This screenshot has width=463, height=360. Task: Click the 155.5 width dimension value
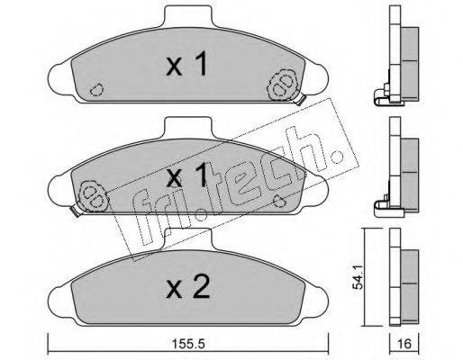pyautogui.click(x=188, y=344)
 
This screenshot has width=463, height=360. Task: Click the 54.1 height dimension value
pyautogui.click(x=358, y=277)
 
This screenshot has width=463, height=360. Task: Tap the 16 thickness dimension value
pyautogui.click(x=404, y=344)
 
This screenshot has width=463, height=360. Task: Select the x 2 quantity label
pyautogui.click(x=187, y=287)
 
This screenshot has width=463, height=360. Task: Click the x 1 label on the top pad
pyautogui.click(x=186, y=64)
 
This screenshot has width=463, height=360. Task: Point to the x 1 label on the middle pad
pyautogui.click(x=186, y=175)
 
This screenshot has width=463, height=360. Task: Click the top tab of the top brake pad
pyautogui.click(x=188, y=15)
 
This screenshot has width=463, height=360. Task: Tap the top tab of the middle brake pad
pyautogui.click(x=188, y=127)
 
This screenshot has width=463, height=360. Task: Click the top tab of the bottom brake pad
pyautogui.click(x=188, y=238)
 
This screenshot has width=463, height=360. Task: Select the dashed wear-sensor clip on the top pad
pyautogui.click(x=283, y=85)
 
